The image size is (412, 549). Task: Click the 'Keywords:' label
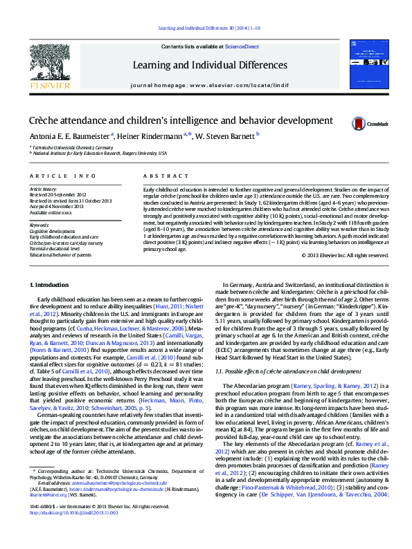[39, 225]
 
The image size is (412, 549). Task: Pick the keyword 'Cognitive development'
[53, 231]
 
